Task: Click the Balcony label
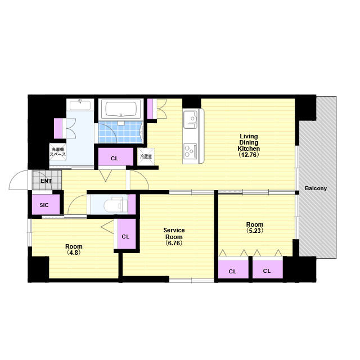tap(316, 188)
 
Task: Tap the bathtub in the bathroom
tap(121, 109)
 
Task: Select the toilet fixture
tap(115, 204)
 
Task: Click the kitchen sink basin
tap(190, 119)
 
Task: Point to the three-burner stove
tap(190, 151)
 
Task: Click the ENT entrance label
tap(46, 181)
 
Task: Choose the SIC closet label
tap(44, 205)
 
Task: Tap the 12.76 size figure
tap(249, 155)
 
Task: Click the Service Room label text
tap(174, 233)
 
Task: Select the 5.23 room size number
tap(255, 231)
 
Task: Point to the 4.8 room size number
tap(74, 253)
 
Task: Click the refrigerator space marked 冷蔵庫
tap(146, 157)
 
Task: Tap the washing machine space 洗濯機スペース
tap(57, 152)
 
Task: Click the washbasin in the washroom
tap(80, 105)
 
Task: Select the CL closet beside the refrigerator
tap(116, 157)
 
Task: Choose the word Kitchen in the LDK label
tap(249, 148)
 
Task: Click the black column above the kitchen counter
tap(192, 103)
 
